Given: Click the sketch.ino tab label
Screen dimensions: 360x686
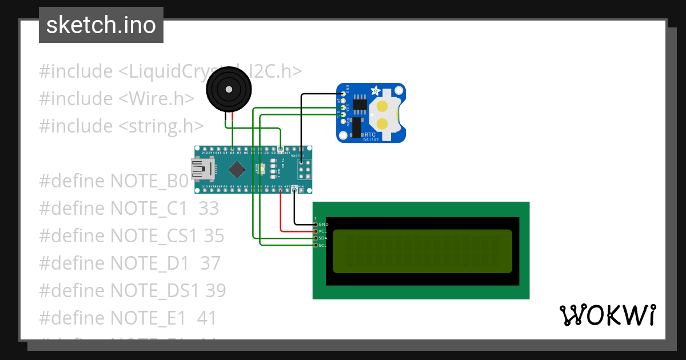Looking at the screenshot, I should click(101, 25).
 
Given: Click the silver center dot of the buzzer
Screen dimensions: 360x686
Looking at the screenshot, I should click(228, 90).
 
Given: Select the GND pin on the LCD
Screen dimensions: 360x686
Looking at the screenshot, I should click(315, 224).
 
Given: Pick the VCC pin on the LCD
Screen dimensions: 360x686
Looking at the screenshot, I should click(315, 231).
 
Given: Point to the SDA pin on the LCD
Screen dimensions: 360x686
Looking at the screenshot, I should click(315, 238).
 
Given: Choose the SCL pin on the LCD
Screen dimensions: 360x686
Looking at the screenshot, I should click(315, 245).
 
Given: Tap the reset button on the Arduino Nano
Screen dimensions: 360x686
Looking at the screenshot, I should click(262, 169).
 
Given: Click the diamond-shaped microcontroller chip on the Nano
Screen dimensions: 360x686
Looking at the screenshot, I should click(236, 169).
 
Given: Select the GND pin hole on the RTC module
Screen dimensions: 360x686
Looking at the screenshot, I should click(343, 93).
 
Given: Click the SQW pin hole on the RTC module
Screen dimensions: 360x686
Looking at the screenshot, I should click(343, 121).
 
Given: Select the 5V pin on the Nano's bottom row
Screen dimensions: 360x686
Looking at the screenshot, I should click(281, 186).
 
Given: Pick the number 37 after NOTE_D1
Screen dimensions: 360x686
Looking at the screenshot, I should click(210, 263).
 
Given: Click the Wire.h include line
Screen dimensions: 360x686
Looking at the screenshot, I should click(117, 99).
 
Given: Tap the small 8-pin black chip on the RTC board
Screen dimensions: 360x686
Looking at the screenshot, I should click(360, 103).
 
